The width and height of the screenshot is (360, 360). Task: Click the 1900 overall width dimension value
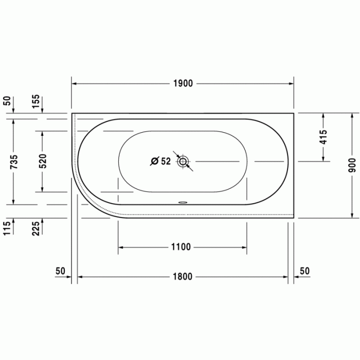coord(183,83)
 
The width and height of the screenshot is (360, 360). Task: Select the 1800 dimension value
coord(183,277)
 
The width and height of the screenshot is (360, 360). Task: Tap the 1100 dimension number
coord(181,247)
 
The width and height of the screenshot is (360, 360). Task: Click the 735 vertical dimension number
coord(14,161)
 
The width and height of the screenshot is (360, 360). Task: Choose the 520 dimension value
coord(43,161)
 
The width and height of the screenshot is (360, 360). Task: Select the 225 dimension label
coord(35,228)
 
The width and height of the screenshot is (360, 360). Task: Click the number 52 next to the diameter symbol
coord(165,161)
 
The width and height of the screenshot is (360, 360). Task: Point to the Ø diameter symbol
coord(154,161)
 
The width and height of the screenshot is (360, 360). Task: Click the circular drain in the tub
coord(183,162)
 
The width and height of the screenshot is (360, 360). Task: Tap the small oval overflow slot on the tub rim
coord(183,202)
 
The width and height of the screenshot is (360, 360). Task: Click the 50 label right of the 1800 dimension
coord(304,271)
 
